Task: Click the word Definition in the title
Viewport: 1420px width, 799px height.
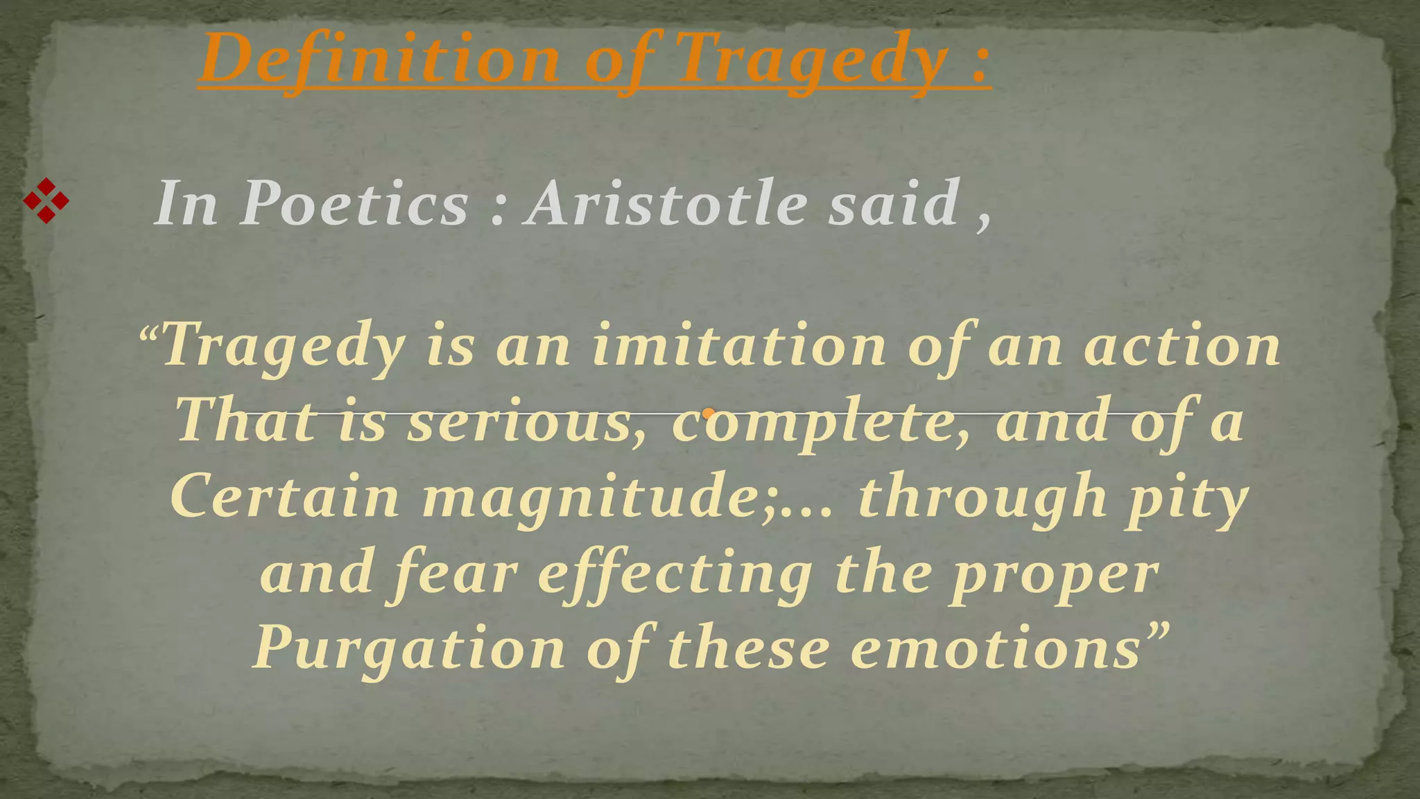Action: click(x=380, y=60)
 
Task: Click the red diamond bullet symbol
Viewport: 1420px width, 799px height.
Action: click(x=46, y=201)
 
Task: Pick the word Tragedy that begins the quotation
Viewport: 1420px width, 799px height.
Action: click(x=284, y=347)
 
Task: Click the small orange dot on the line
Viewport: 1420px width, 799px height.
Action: click(x=708, y=414)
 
